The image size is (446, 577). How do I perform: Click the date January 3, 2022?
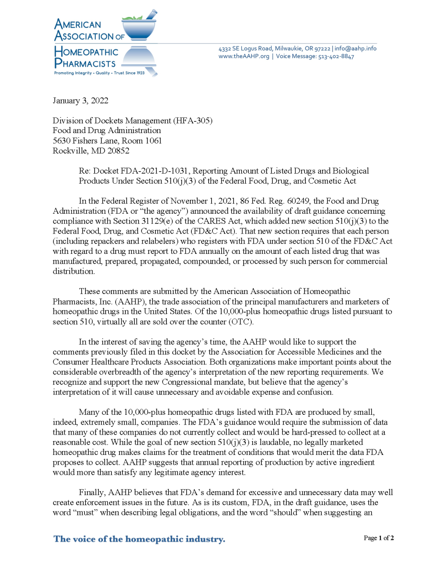(x=80, y=101)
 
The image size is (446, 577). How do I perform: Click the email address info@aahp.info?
(x=355, y=49)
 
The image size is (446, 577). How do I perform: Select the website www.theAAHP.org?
(x=244, y=56)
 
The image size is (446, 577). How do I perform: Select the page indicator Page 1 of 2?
(x=378, y=538)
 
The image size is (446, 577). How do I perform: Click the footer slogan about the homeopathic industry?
(x=139, y=539)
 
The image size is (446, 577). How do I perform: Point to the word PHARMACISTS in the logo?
(x=85, y=63)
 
